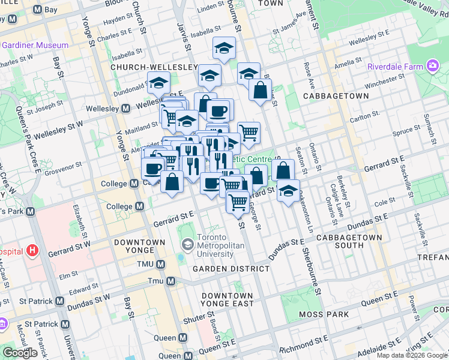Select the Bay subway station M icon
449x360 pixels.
(37, 10)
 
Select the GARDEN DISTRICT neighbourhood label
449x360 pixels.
(231, 269)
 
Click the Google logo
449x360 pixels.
(20, 353)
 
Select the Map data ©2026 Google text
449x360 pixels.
(412, 355)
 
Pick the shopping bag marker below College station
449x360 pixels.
(172, 181)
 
